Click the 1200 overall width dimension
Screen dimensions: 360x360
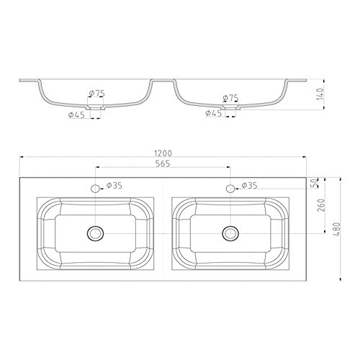pos(163,153)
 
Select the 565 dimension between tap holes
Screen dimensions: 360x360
pos(163,163)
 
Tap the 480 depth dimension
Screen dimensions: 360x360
pos(337,229)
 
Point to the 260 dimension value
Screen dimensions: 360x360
pos(321,205)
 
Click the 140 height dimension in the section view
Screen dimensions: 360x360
pos(320,94)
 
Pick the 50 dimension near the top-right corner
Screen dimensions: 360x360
pos(315,184)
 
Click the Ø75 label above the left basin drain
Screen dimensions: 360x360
pos(96,93)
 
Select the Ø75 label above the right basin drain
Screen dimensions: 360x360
pos(230,98)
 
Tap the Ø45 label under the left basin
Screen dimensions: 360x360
pos(76,115)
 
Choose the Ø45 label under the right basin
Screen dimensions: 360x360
pos(214,113)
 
